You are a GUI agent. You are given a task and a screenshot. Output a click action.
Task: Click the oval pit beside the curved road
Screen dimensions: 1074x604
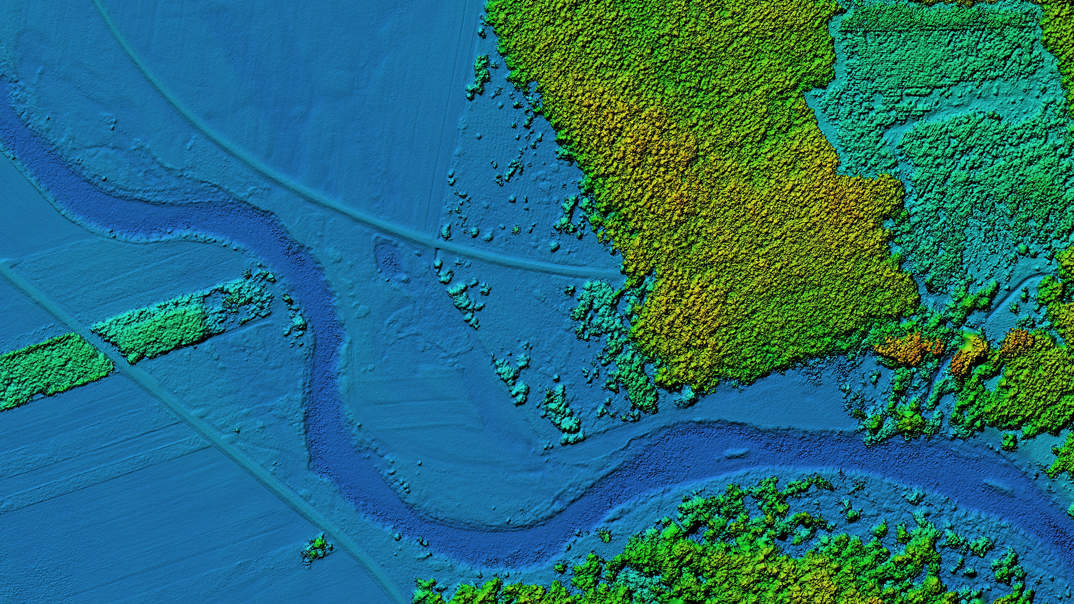click(390, 260)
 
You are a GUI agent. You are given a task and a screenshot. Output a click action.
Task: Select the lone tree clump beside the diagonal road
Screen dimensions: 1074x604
click(317, 549)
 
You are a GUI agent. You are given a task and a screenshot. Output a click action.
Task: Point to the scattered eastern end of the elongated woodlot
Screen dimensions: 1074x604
click(252, 293)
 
